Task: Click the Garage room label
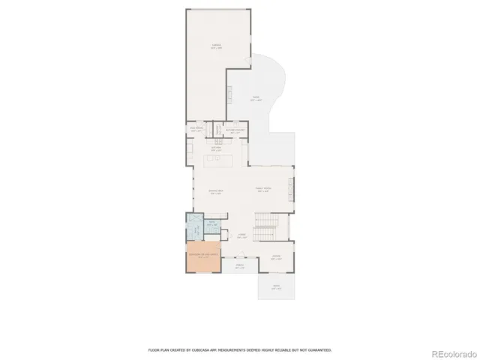point(216,46)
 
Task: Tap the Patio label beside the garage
point(256,97)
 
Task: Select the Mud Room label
point(198,130)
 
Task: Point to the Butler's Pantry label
point(235,130)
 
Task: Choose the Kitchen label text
point(215,148)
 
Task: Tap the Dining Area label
point(214,192)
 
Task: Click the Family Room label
point(262,190)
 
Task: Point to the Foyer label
point(242,235)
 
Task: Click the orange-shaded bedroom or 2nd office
point(203,256)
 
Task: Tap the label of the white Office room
point(276,257)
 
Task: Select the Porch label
point(240,266)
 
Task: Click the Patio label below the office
point(276,286)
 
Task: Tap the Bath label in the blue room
point(211,223)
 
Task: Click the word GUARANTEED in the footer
point(319,349)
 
